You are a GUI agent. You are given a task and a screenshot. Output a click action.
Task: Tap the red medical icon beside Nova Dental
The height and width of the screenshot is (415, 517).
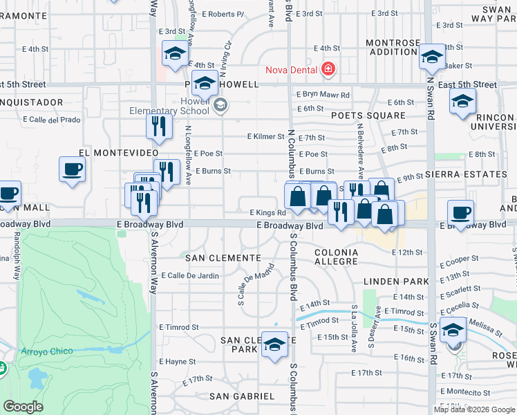click(327, 69)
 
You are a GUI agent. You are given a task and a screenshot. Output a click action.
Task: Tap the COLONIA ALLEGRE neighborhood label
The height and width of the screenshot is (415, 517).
click(337, 257)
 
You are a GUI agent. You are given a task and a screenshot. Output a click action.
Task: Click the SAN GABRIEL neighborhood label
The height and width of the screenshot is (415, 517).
click(242, 396)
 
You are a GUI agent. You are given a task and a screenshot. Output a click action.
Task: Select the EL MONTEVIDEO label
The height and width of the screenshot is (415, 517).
click(114, 152)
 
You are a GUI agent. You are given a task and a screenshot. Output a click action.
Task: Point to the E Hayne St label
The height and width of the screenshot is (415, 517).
click(177, 361)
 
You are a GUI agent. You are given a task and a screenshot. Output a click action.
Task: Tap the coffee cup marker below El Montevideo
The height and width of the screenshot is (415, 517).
click(72, 170)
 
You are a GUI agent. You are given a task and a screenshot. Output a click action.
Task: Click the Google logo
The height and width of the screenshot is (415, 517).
click(22, 407)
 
